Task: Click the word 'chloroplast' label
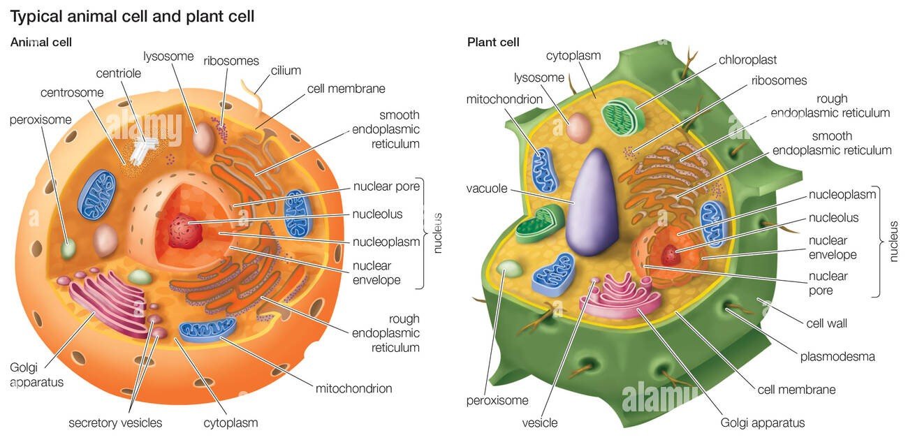(x=747, y=60)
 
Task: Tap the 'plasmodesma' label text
(x=837, y=356)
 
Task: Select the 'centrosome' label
(x=72, y=92)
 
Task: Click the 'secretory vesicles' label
(x=115, y=423)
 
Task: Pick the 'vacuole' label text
(x=486, y=189)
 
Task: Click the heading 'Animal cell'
(x=41, y=42)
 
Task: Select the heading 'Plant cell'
(x=493, y=42)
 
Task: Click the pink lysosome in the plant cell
(x=579, y=129)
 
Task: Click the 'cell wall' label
(x=826, y=323)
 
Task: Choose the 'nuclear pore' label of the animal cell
(x=386, y=186)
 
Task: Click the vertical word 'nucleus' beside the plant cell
(x=893, y=242)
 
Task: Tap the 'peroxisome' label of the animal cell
(x=41, y=119)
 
